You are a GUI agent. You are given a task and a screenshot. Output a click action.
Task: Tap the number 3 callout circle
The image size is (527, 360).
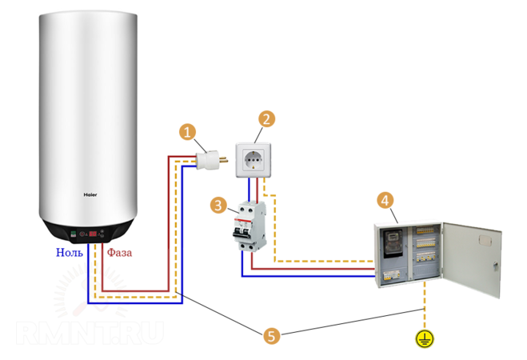pos(218,206)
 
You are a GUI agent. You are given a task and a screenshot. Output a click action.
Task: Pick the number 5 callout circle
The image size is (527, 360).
pos(272,336)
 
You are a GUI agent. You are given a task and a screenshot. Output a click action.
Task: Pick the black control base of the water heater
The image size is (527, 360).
pos(88,230)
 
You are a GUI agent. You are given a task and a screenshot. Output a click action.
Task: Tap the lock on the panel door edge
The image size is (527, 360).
pos(494,264)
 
